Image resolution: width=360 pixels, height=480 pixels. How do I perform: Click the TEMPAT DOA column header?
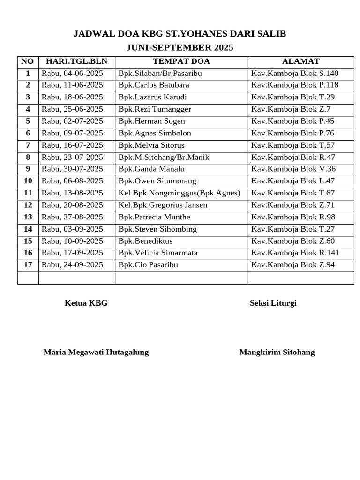pos(181,61)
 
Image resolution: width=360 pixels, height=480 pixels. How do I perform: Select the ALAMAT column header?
pos(300,61)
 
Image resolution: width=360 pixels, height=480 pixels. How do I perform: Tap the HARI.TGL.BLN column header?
pos(76,61)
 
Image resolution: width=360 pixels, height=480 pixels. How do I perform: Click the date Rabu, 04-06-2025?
pos(72,73)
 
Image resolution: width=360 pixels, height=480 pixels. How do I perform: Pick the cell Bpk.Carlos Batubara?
pos(154,85)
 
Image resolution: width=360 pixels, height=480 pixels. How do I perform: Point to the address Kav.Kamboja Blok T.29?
pos(293,97)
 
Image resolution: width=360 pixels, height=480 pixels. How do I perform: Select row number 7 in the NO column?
pos(28,145)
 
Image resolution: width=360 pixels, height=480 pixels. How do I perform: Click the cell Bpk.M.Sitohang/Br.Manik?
pos(164,157)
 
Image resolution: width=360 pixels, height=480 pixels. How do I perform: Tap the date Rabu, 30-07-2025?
pos(72,169)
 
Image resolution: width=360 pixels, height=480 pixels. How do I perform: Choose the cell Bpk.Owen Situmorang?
pos(157,181)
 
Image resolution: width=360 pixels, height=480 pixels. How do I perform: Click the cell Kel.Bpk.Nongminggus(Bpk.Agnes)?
pos(179,193)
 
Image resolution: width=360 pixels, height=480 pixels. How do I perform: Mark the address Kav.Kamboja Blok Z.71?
pos(293,205)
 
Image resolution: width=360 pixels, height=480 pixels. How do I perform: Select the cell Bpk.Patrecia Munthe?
pos(154,217)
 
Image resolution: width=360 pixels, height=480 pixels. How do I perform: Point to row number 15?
pos(28,241)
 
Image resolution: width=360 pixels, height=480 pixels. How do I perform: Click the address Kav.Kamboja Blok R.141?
pos(295,253)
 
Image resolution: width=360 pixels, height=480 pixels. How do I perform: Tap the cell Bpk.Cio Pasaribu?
pos(148,265)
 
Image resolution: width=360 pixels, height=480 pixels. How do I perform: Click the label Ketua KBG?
pos(86,303)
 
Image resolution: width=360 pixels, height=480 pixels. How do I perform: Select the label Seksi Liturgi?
pos(273,303)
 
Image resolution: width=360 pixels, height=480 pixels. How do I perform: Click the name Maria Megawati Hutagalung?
pos(96,352)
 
